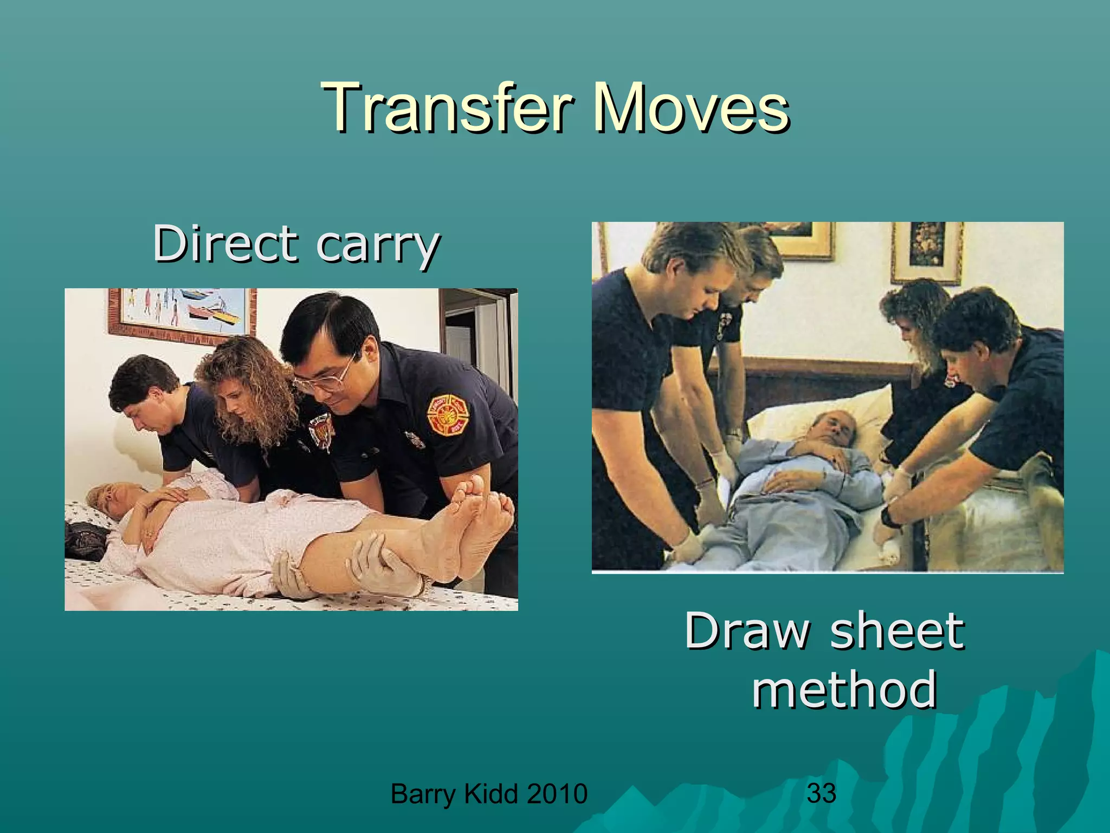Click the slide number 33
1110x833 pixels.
click(821, 793)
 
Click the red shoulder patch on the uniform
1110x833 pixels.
click(447, 415)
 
